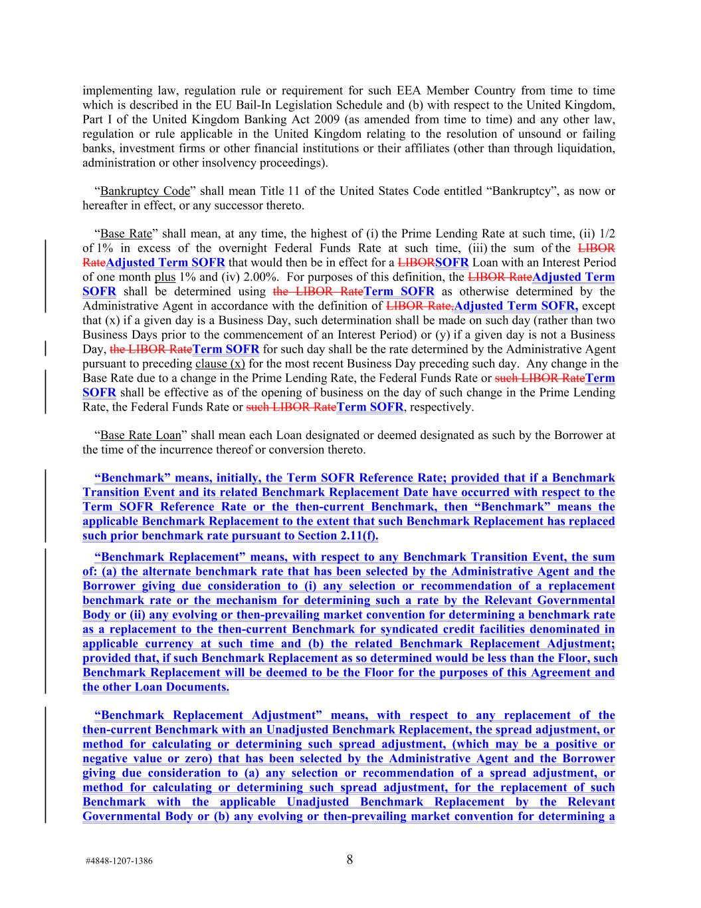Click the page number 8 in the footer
350,859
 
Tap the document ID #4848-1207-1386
119,861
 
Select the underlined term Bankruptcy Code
145,191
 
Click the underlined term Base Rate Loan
140,435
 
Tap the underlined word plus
165,277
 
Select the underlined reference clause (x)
220,363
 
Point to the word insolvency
213,162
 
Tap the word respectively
439,406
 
